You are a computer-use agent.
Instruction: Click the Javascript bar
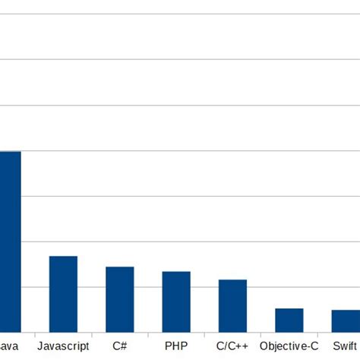[x=63, y=293]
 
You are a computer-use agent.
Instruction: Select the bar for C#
[x=119, y=298]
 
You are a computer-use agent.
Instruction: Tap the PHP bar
[x=176, y=301]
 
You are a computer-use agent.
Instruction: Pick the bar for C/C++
[x=232, y=305]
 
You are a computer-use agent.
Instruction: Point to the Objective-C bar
[x=289, y=319]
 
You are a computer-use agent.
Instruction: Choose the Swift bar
[x=346, y=320]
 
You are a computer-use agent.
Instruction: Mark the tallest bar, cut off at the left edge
[x=10, y=241]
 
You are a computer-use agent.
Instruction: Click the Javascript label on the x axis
[x=63, y=346]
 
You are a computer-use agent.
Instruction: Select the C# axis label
[x=120, y=346]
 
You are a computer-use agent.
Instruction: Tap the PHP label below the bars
[x=176, y=346]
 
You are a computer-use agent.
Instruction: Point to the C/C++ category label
[x=232, y=346]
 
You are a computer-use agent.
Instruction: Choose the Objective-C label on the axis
[x=289, y=346]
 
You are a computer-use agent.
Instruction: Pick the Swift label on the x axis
[x=346, y=346]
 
